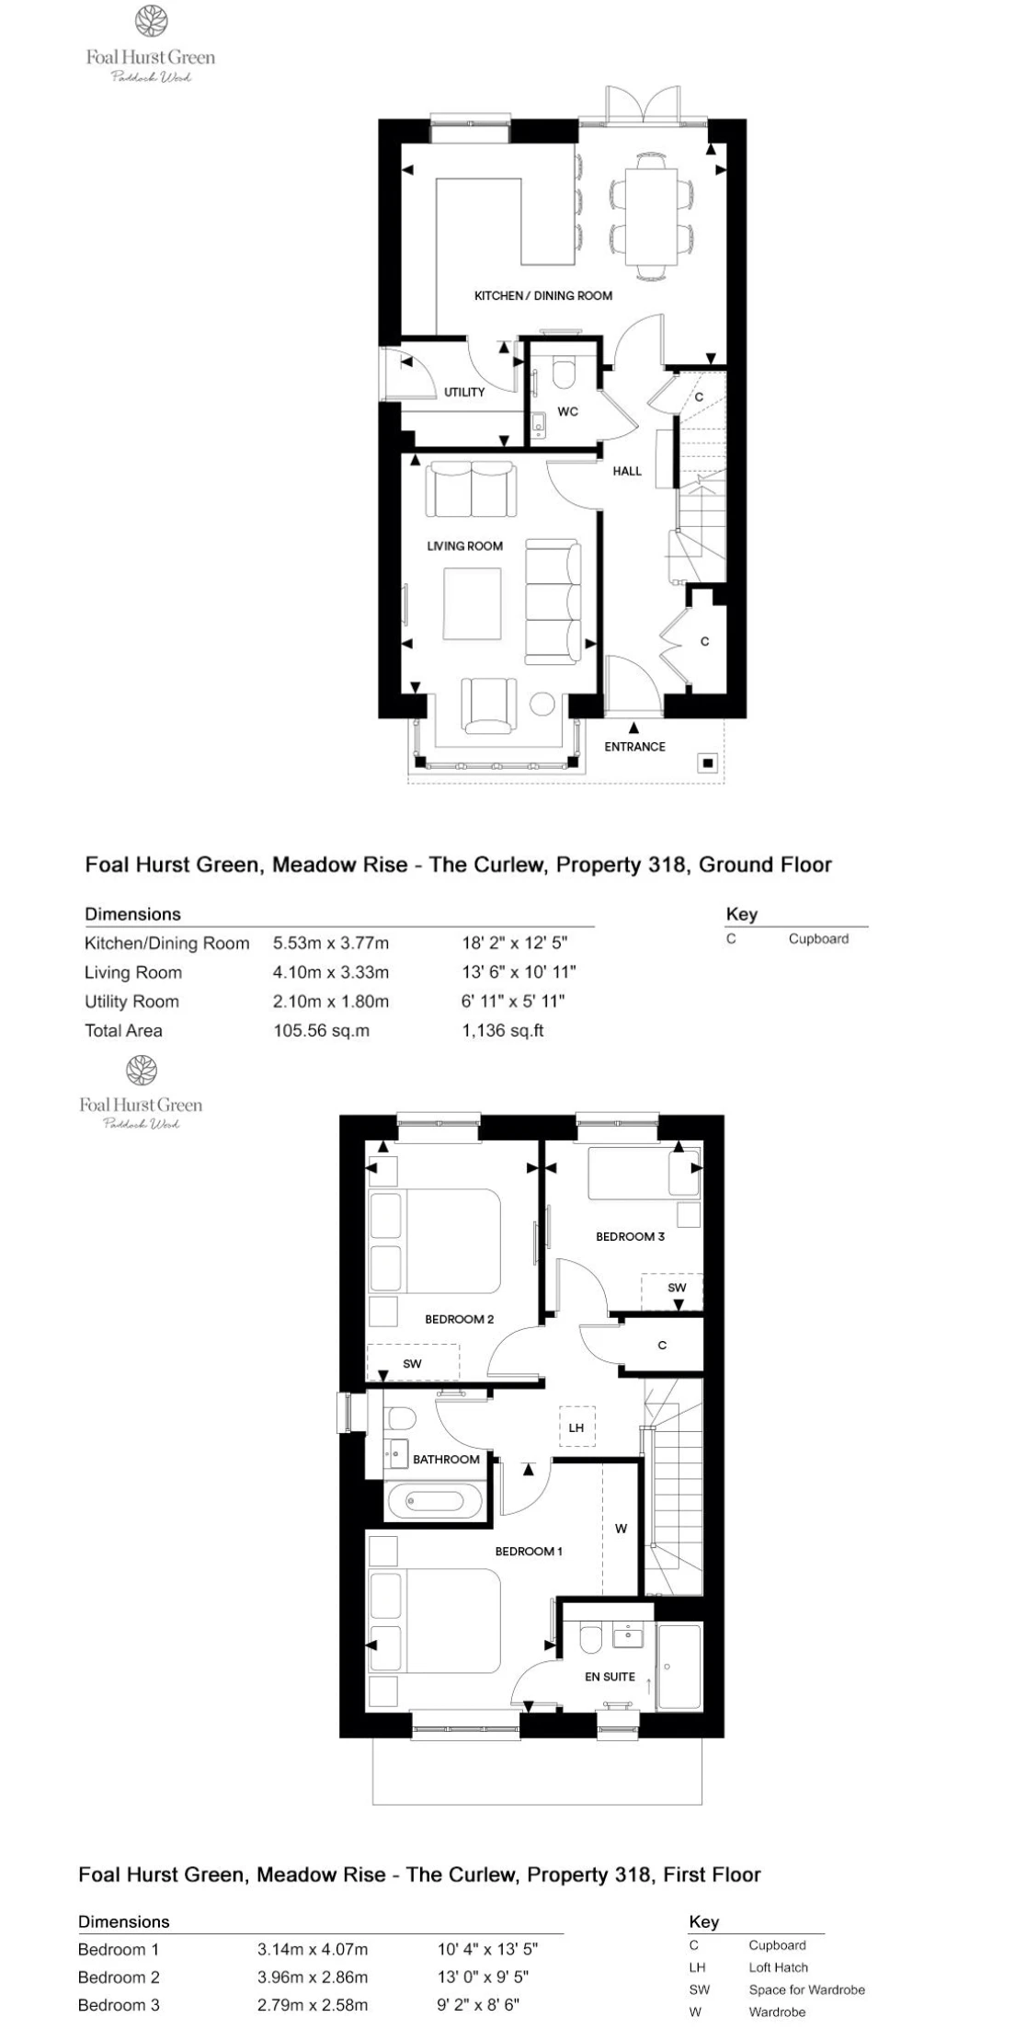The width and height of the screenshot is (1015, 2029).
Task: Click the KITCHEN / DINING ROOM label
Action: click(x=542, y=295)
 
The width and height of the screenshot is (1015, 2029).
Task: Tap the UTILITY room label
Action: click(x=464, y=392)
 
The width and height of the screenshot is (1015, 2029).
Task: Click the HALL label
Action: click(x=627, y=471)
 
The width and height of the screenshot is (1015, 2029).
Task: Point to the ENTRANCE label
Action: click(x=634, y=747)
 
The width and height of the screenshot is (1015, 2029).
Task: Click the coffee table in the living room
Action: click(x=473, y=603)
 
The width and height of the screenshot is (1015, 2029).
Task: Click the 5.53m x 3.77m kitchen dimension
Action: click(x=331, y=943)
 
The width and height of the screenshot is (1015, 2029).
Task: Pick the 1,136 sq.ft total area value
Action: click(x=502, y=1030)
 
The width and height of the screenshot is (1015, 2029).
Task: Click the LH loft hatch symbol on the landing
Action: click(x=576, y=1427)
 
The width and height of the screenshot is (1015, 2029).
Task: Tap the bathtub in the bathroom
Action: click(x=433, y=1502)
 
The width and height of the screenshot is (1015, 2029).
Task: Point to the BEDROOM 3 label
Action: click(x=630, y=1236)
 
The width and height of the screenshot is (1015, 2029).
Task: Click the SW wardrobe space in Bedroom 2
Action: click(x=413, y=1362)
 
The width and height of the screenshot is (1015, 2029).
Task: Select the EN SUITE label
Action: click(x=610, y=1677)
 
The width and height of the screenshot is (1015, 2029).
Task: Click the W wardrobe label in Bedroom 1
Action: click(x=621, y=1529)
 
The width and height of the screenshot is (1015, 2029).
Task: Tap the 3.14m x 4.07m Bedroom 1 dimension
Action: click(x=313, y=1949)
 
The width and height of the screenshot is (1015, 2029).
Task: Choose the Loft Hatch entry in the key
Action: click(x=778, y=1967)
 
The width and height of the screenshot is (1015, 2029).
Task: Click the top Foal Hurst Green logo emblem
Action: click(x=150, y=21)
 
